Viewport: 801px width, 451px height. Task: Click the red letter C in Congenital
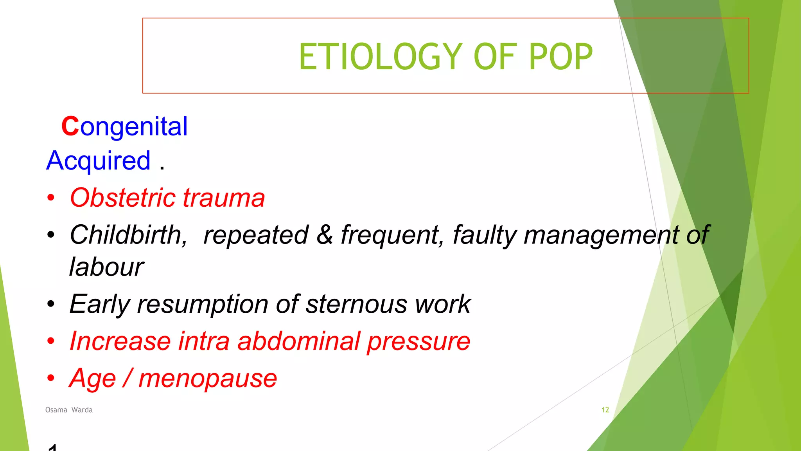pyautogui.click(x=70, y=126)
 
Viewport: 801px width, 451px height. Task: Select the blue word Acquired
pyautogui.click(x=98, y=161)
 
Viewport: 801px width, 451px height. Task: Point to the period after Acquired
pyautogui.click(x=162, y=168)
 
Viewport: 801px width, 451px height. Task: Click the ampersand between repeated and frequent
pyautogui.click(x=325, y=235)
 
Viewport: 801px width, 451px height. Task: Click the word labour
pyautogui.click(x=106, y=267)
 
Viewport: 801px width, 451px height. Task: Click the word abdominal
pyautogui.click(x=299, y=341)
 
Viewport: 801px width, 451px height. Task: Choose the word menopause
pyautogui.click(x=208, y=379)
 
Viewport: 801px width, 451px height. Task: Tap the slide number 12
pyautogui.click(x=605, y=410)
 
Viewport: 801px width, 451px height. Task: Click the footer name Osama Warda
pyautogui.click(x=69, y=410)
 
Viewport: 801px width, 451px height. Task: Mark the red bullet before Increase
pyautogui.click(x=51, y=341)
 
